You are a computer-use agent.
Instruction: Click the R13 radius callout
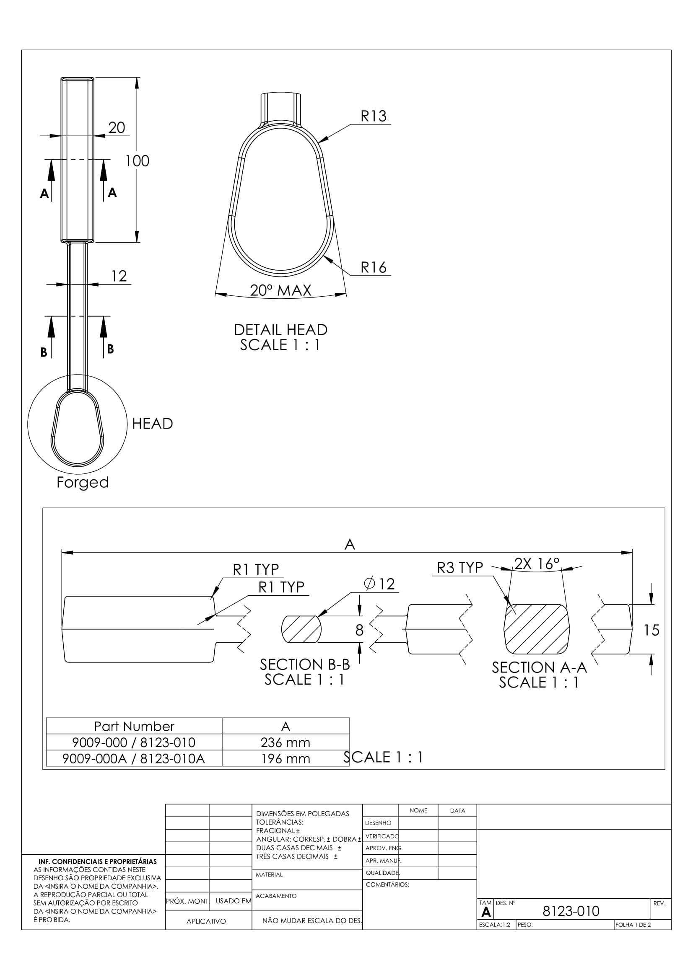[373, 116]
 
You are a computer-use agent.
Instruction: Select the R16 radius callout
[373, 267]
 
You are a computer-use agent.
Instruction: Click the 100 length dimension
[137, 161]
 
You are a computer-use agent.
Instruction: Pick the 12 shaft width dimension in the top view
[119, 276]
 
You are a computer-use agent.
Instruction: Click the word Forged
[83, 483]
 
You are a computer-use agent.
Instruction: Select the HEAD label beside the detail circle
[153, 424]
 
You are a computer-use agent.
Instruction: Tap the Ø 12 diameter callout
[379, 584]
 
